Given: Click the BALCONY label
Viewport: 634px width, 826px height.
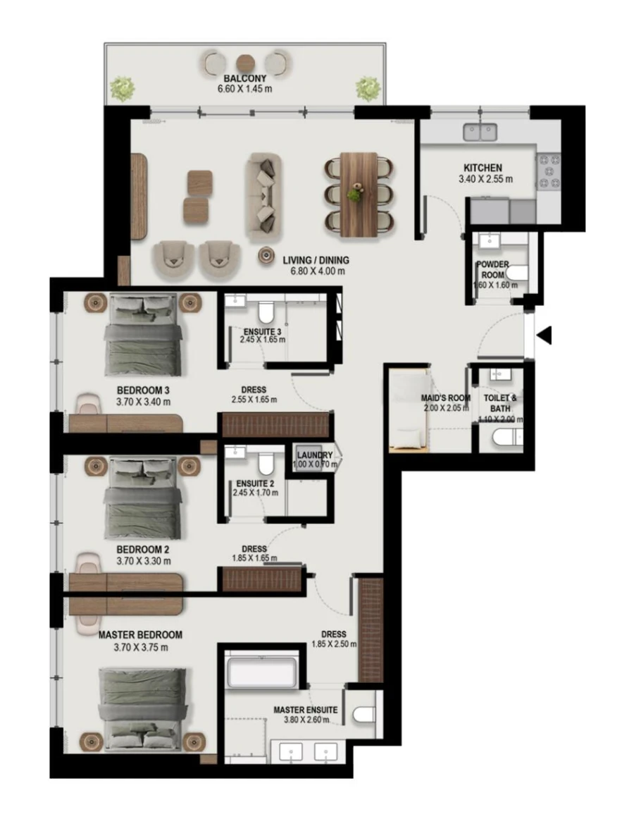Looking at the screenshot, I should coord(244,78).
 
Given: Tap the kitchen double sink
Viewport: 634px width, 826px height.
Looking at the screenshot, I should coord(480,132).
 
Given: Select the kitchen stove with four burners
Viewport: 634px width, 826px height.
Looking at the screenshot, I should coord(549,172).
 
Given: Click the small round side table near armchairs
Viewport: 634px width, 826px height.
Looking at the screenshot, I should coord(267,255).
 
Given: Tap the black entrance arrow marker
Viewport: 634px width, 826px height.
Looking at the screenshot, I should coord(544,336).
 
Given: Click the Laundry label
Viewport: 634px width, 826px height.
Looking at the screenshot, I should coord(315,455).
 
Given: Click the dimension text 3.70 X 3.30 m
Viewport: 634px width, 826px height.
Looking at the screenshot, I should coord(144,562).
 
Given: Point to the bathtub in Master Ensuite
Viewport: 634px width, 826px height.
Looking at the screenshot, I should coord(261,672).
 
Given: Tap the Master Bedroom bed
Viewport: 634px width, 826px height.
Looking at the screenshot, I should coord(144,708).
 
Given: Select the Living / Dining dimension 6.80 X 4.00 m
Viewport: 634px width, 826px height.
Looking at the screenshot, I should coord(316,271).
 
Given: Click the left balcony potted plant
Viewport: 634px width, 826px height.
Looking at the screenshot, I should coord(123,89).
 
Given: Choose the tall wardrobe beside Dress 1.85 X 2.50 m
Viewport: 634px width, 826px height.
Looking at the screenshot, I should coord(371,629).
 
